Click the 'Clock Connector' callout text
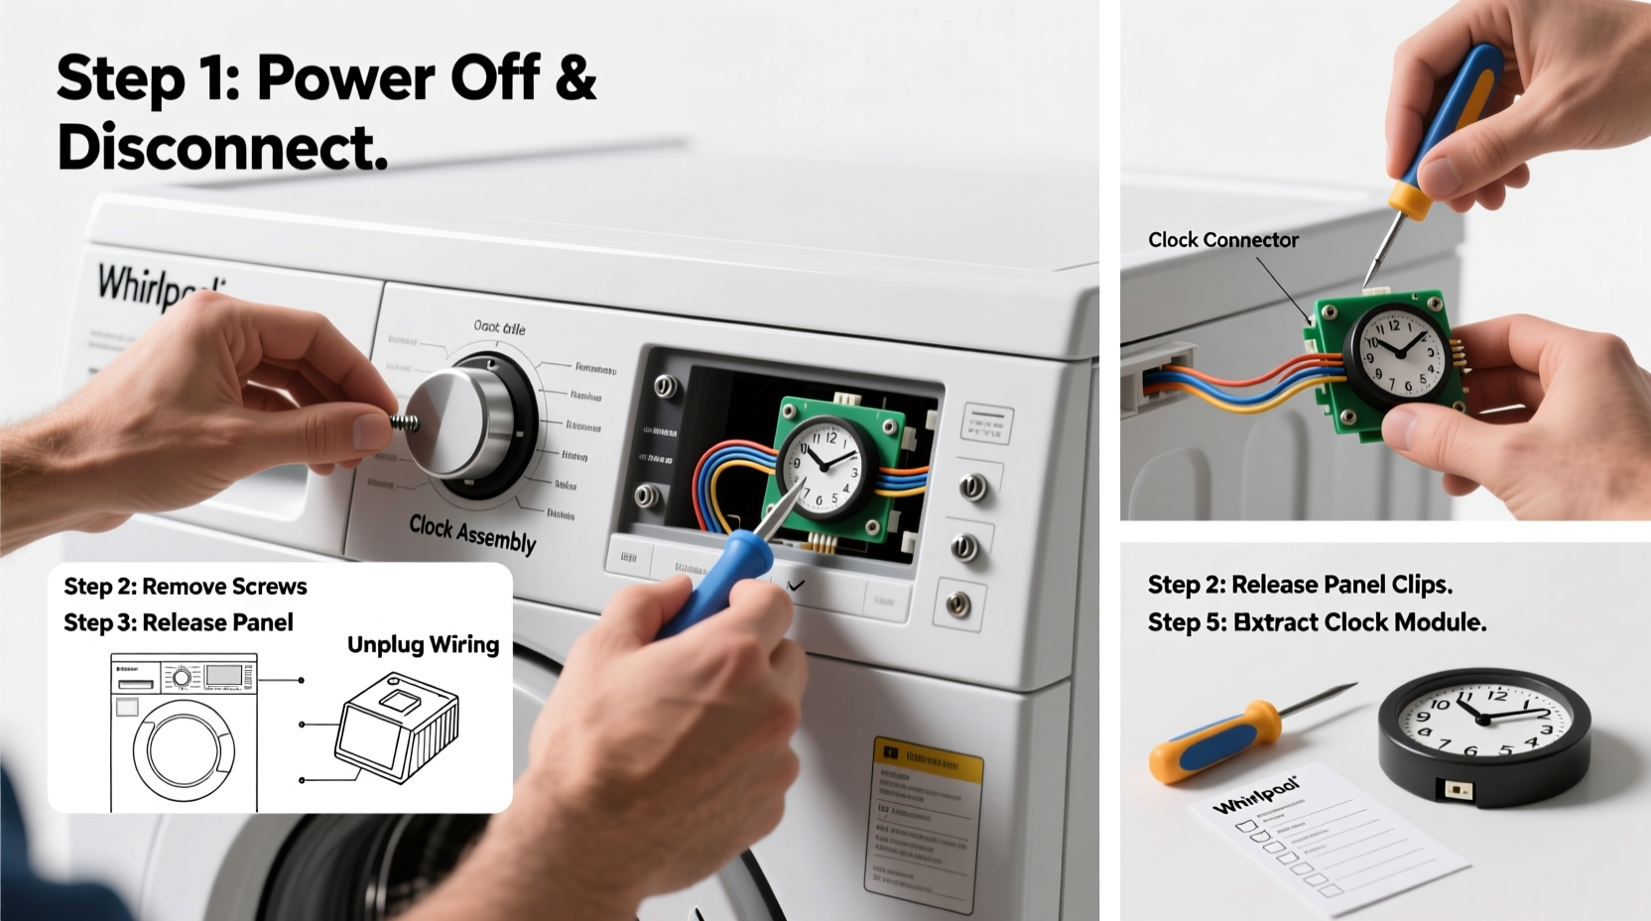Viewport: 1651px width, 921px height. click(x=1222, y=240)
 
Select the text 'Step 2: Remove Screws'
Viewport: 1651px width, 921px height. click(x=186, y=587)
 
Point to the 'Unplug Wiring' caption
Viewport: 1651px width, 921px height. click(x=423, y=645)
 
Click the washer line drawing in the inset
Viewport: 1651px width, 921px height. click(x=184, y=731)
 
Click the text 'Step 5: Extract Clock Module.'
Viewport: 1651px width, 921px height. click(x=1317, y=623)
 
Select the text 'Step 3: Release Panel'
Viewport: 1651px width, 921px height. click(x=179, y=623)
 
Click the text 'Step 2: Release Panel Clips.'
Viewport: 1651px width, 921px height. click(x=1300, y=586)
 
